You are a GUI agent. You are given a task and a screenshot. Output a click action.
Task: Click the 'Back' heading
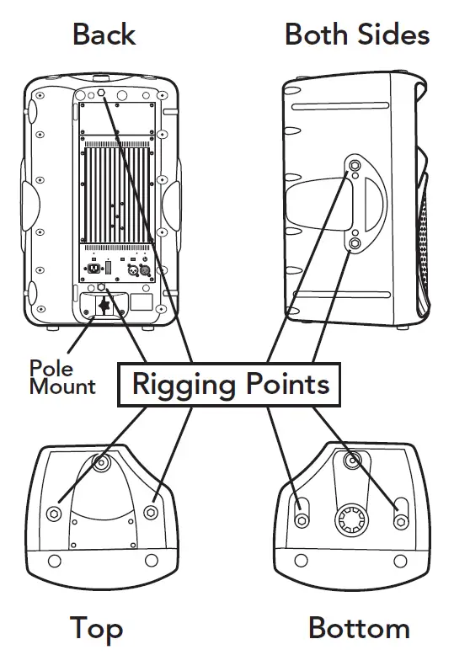[104, 35]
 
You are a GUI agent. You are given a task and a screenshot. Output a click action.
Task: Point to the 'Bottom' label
[359, 628]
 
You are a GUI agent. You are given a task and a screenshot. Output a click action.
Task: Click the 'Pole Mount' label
[61, 377]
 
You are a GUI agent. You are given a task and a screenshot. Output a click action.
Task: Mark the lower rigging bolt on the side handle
[355, 245]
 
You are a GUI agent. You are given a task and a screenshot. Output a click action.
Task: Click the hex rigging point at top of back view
[101, 93]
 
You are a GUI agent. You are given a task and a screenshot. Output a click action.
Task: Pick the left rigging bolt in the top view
[56, 514]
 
